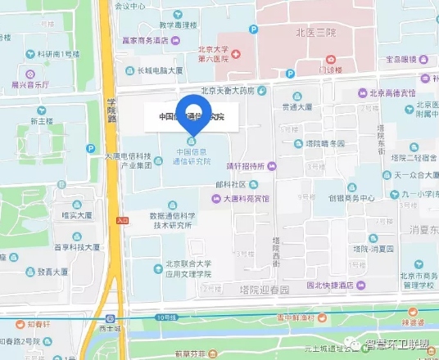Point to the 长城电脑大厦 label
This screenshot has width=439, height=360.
click(x=160, y=71)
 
